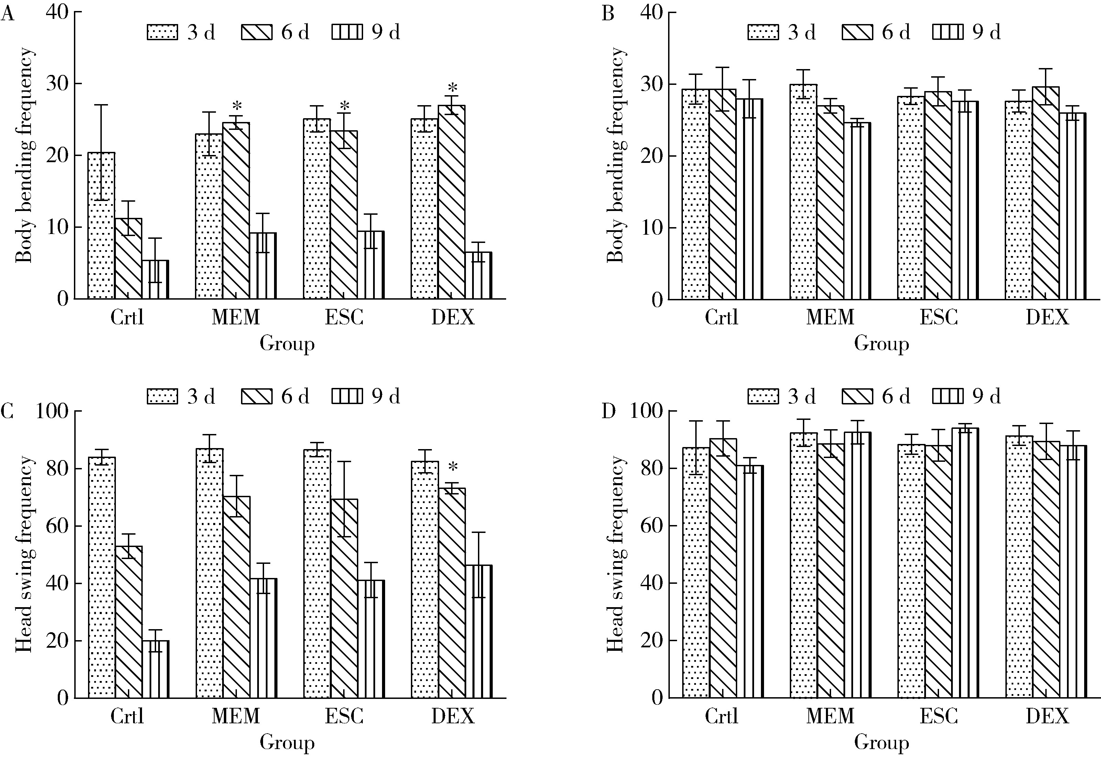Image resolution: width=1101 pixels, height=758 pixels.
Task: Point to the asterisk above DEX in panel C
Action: click(453, 467)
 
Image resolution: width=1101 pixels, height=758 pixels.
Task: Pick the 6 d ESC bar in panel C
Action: click(344, 599)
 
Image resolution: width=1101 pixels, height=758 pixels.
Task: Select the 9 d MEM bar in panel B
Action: click(857, 211)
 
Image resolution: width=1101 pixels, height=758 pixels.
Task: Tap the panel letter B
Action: click(608, 14)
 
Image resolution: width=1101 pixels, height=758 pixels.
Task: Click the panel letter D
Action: click(608, 412)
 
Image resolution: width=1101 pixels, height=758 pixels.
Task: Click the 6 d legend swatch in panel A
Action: click(257, 32)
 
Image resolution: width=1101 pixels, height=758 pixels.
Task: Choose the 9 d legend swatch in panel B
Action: click(948, 32)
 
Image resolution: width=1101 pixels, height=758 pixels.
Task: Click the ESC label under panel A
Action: click(344, 317)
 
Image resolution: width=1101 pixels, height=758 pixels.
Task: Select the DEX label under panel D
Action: click(1047, 716)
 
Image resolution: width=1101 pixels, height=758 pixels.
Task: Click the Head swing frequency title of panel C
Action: click(24, 554)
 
